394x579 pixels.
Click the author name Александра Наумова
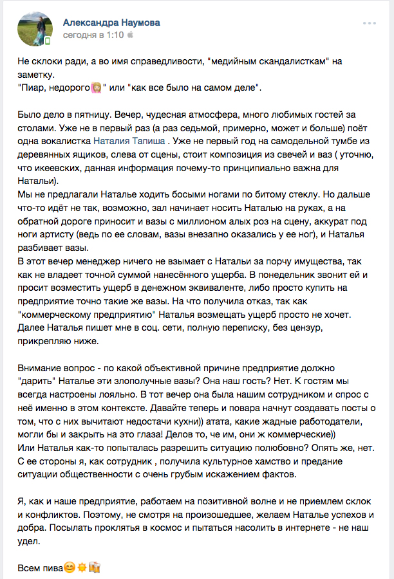click(x=111, y=23)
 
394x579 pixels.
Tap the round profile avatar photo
click(x=35, y=29)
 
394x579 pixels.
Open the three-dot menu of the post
click(x=370, y=23)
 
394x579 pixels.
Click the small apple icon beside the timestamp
click(x=131, y=36)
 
